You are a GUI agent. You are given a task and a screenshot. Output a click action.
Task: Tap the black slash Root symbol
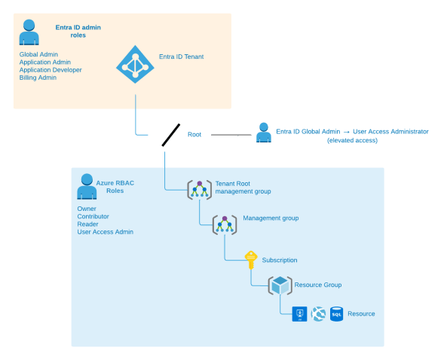[170, 136]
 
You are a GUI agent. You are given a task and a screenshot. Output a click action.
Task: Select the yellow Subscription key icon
[251, 260]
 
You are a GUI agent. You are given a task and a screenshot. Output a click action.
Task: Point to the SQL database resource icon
[336, 313]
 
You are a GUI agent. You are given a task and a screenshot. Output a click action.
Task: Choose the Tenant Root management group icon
[199, 189]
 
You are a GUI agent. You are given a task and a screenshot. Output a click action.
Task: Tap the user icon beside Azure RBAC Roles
[87, 186]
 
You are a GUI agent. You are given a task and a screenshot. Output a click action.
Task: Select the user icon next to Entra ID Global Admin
[263, 133]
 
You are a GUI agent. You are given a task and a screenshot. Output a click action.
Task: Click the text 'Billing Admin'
[38, 78]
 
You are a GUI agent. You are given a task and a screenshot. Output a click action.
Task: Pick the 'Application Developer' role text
[51, 70]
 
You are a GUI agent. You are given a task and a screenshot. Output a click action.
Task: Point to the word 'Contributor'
[93, 216]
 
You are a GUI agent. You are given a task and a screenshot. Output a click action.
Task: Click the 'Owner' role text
[87, 209]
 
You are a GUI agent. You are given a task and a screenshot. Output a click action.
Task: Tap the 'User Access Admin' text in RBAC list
[105, 232]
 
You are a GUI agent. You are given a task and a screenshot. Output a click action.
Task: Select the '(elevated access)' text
[353, 141]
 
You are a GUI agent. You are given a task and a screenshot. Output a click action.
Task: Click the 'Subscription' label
[280, 260]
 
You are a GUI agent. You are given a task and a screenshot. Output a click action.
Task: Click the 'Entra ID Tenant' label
[181, 56]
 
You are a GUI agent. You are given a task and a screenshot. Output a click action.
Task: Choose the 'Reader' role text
[88, 224]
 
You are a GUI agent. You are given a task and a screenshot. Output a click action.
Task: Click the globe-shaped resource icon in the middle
[317, 313]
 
